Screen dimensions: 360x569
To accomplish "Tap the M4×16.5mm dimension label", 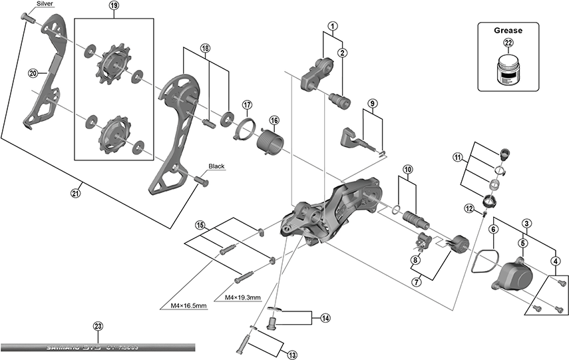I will pos(184,305).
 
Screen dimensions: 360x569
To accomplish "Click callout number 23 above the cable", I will pos(98,326).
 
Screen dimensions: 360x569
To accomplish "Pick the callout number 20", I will pos(32,73).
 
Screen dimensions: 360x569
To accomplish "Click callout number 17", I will pos(248,105).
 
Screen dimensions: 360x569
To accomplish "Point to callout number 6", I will pos(493,230).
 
